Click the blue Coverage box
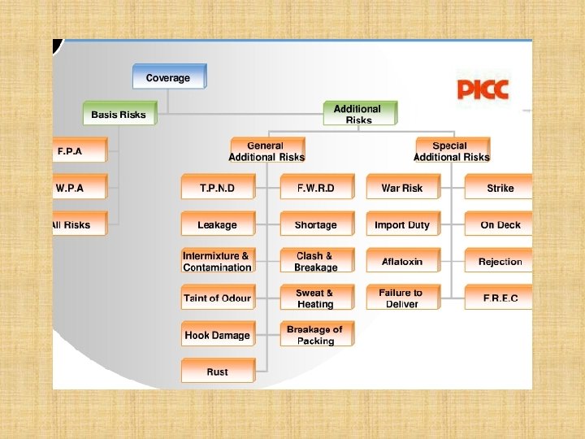(x=168, y=78)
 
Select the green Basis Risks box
(x=119, y=115)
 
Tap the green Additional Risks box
(x=358, y=114)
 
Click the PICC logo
(x=483, y=88)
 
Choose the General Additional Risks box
(x=266, y=151)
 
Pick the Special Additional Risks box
(x=452, y=151)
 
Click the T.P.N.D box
(x=217, y=188)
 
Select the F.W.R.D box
(x=315, y=188)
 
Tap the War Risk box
(x=402, y=188)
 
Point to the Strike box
(x=500, y=188)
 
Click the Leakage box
(x=217, y=224)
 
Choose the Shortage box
(x=315, y=224)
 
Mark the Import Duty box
(x=402, y=224)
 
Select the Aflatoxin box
(x=402, y=262)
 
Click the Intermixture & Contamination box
(x=217, y=262)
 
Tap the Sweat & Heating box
(x=315, y=298)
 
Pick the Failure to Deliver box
(x=402, y=298)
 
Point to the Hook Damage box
(x=217, y=335)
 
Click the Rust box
(x=217, y=372)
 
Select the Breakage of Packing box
(x=315, y=335)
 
